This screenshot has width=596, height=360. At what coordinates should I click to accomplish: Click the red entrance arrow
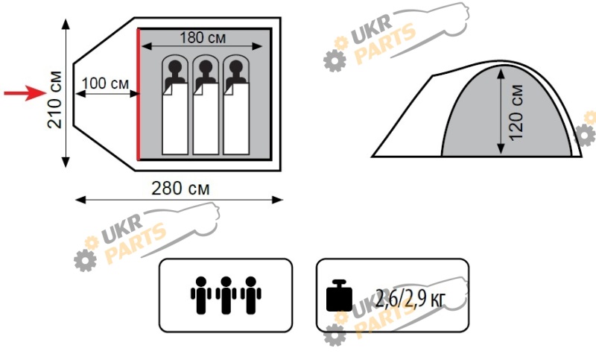[x=25, y=93]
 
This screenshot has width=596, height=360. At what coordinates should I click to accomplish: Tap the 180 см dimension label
[x=203, y=37]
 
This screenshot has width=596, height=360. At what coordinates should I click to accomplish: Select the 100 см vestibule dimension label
[x=105, y=83]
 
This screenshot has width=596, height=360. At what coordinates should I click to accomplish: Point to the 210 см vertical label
[x=54, y=99]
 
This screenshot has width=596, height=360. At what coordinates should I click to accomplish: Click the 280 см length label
[x=180, y=188]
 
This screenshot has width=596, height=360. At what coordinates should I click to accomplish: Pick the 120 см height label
[x=516, y=113]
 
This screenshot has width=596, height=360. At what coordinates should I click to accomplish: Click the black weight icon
[x=339, y=296]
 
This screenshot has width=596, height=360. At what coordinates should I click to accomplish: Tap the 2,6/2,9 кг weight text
[x=410, y=298]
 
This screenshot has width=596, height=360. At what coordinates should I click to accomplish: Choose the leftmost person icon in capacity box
[x=200, y=295]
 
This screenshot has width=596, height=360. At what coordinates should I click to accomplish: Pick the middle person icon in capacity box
[x=226, y=295]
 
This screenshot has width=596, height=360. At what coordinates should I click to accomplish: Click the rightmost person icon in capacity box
[x=251, y=295]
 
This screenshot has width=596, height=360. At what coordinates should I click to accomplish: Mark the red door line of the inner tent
[x=139, y=94]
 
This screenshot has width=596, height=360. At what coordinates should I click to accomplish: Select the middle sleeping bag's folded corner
[x=197, y=89]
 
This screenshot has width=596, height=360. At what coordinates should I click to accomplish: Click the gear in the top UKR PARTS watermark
[x=335, y=60]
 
